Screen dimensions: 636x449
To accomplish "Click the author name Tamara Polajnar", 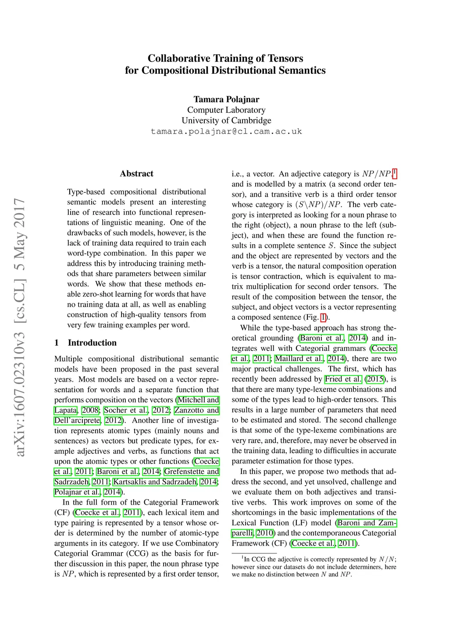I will click(x=226, y=99).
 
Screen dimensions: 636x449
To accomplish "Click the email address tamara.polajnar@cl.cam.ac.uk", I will click(x=226, y=131).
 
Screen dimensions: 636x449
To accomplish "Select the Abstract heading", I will click(x=136, y=173).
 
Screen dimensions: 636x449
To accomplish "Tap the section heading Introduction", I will click(x=92, y=343).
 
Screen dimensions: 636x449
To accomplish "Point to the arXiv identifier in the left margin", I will click(x=19, y=327).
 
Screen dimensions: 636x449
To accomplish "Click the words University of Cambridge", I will click(x=226, y=120).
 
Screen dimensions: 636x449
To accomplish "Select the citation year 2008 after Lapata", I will click(x=90, y=410).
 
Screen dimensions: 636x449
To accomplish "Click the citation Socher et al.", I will click(x=126, y=410).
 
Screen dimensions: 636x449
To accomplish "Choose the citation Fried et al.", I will click(x=343, y=379).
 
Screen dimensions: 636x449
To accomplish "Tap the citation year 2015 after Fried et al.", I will click(x=375, y=379).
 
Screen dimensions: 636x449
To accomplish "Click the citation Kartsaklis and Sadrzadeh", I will click(x=155, y=482).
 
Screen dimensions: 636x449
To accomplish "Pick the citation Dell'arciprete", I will click(x=77, y=420).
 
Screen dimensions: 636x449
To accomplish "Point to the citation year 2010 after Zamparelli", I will click(x=265, y=533).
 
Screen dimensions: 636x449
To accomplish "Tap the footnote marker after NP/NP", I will click(x=395, y=172).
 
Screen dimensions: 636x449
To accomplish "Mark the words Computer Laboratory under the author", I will click(x=226, y=110).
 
